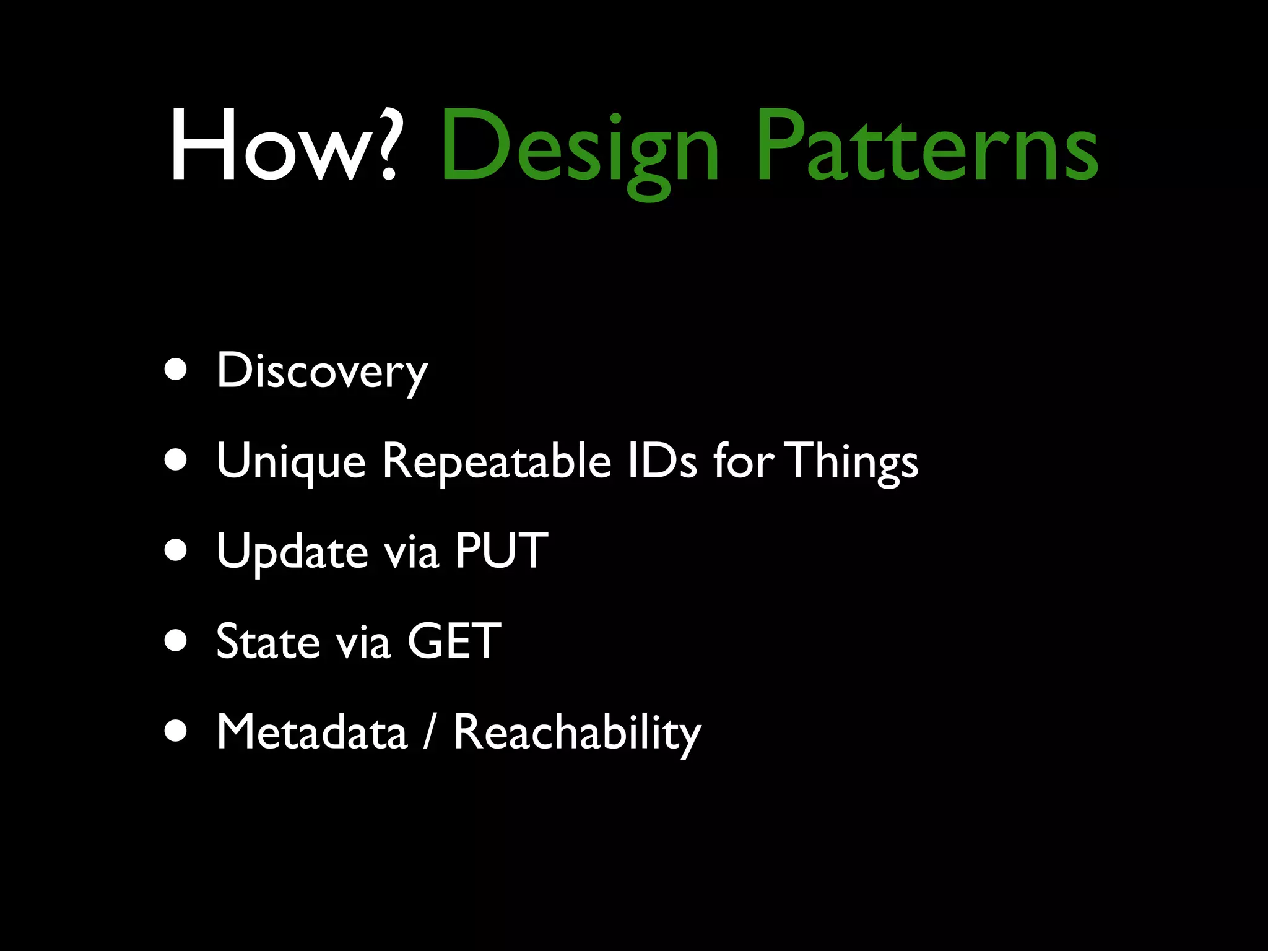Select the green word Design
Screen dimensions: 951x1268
pos(579,149)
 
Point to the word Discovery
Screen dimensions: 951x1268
pos(321,371)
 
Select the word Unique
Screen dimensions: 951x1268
pos(291,462)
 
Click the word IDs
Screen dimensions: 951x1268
pos(662,461)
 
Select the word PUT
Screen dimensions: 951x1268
pos(502,550)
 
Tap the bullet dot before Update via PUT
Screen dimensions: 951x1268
pos(176,550)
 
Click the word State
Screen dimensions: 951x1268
pos(267,641)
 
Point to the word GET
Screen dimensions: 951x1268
pos(454,641)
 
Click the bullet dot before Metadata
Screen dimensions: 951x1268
pos(176,731)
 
